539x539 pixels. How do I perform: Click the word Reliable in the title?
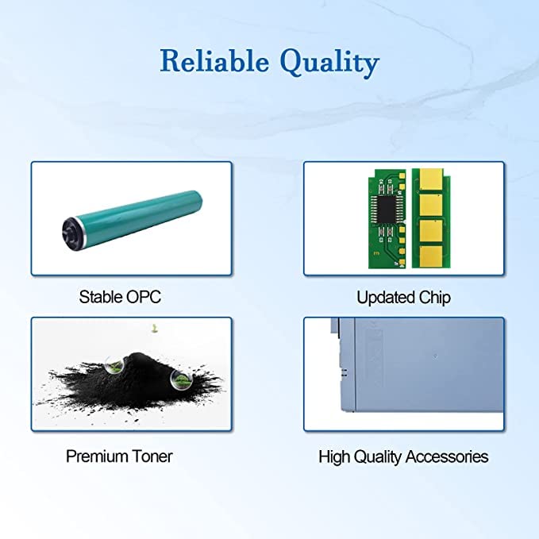coord(214,60)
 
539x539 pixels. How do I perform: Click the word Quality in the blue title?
coord(330,63)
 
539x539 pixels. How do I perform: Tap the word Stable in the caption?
coord(101,297)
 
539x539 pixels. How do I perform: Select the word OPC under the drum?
coord(144,297)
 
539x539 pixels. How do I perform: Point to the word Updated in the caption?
coord(380,298)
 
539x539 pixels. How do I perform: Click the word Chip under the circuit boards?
coord(429,298)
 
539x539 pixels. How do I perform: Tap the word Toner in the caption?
coord(152,456)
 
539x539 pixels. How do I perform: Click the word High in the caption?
coord(334,457)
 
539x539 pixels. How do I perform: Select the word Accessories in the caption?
coord(447,457)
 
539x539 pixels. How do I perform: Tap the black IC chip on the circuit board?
coord(386,208)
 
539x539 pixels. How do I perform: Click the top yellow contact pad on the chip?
coord(431,180)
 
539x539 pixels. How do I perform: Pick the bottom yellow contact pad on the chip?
coord(431,256)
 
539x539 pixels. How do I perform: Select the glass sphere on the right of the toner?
coord(180,380)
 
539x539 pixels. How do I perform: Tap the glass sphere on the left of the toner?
coord(115,365)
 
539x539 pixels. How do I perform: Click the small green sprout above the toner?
coord(155,329)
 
